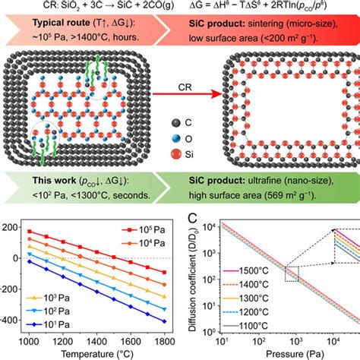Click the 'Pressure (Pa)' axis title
tap(282, 354)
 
